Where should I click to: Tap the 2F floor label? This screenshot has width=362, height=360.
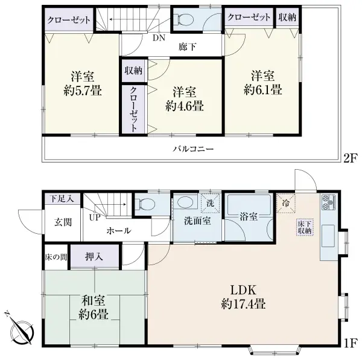(x=351, y=159)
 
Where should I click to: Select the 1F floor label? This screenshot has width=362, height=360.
(x=351, y=343)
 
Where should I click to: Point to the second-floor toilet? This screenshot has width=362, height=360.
(x=183, y=19)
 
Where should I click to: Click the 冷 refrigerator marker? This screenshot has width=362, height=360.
(x=286, y=203)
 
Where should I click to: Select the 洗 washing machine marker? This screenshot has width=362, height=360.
(x=210, y=203)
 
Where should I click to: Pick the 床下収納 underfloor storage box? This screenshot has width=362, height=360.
(x=305, y=227)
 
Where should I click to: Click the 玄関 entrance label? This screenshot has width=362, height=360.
(x=63, y=222)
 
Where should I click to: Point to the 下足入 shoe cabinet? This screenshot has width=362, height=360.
(x=62, y=199)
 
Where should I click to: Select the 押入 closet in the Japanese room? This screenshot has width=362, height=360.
(x=95, y=256)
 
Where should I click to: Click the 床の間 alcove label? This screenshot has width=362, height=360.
(x=56, y=257)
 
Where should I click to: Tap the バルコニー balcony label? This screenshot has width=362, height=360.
(x=194, y=149)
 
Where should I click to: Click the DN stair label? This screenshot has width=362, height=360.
(x=159, y=37)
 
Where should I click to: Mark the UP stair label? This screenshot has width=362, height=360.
(x=95, y=218)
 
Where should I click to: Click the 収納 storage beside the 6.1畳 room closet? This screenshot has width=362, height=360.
(x=287, y=18)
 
